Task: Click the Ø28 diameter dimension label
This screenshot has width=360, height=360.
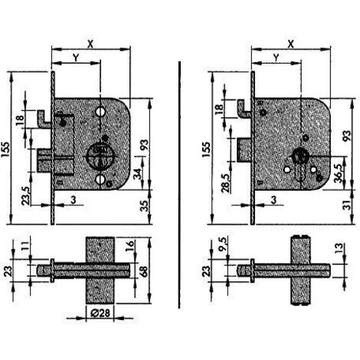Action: pyautogui.click(x=100, y=313)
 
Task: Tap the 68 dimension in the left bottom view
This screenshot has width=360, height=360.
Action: pyautogui.click(x=143, y=273)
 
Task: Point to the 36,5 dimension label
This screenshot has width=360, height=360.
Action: pyautogui.click(x=339, y=173)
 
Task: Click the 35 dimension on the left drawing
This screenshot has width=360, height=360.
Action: pyautogui.click(x=145, y=206)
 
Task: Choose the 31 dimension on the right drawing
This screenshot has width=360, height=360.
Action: pyautogui.click(x=347, y=205)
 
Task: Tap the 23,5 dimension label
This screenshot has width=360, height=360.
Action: pyautogui.click(x=25, y=196)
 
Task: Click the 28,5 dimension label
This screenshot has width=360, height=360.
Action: pyautogui.click(x=226, y=183)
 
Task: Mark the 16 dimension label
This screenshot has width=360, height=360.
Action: pyautogui.click(x=130, y=244)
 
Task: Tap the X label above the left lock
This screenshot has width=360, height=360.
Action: pyautogui.click(x=90, y=44)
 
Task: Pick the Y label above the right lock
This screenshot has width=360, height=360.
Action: pyautogui.click(x=276, y=57)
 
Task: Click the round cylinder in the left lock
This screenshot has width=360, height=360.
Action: pyautogui.click(x=99, y=155)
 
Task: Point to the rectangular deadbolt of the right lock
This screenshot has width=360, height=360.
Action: pyautogui.click(x=244, y=150)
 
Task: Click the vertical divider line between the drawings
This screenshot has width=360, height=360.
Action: pyautogui.click(x=179, y=185)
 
